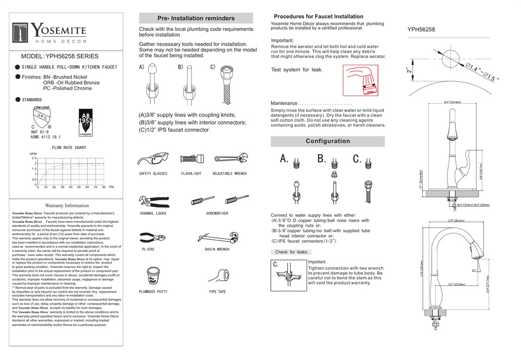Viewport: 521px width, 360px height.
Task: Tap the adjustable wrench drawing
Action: (229, 159)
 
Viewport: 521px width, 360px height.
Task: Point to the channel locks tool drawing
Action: (152, 199)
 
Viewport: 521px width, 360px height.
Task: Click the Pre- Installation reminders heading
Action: (196, 18)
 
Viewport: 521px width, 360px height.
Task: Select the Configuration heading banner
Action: (327, 141)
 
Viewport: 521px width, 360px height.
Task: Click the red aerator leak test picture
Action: (361, 81)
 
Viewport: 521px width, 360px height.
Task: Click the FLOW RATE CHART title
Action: (69, 148)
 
